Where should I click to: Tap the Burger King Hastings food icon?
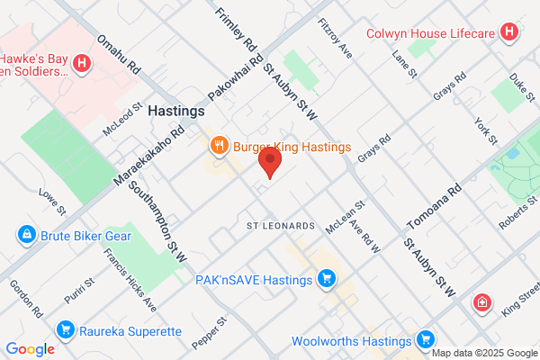tap(218, 145)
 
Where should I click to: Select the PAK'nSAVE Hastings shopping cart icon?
tap(328, 280)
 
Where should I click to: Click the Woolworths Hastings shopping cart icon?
tap(425, 340)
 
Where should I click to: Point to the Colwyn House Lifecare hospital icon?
tap(509, 34)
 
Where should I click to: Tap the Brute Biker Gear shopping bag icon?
tap(28, 236)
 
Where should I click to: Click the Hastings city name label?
tap(176, 112)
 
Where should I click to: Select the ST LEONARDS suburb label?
tap(282, 225)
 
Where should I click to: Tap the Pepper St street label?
tap(209, 333)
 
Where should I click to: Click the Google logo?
tap(30, 349)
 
